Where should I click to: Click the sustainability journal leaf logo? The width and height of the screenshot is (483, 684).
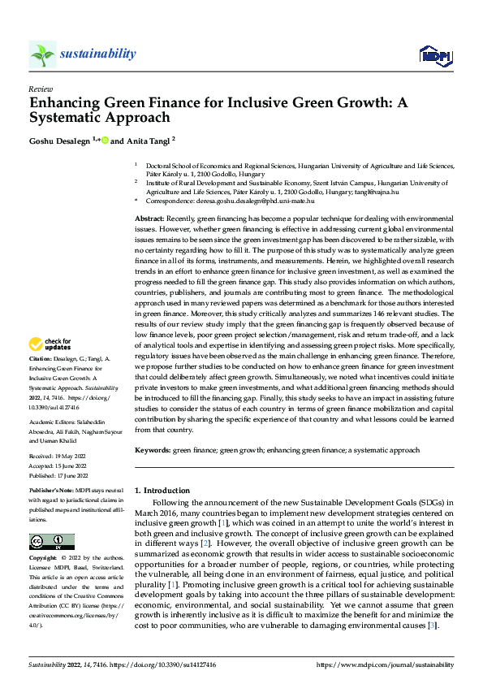click(41, 54)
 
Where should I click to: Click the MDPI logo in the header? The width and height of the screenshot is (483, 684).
click(434, 55)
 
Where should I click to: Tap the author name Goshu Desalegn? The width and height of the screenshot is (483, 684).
click(63, 140)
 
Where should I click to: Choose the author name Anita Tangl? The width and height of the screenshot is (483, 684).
click(147, 140)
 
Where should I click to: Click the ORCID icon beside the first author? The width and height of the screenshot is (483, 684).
click(104, 140)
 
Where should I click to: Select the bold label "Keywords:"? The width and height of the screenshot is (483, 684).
click(153, 450)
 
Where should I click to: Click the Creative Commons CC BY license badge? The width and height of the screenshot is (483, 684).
click(52, 542)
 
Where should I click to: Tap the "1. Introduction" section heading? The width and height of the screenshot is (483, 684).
click(161, 491)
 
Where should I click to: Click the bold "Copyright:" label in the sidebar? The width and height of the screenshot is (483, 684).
click(43, 558)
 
